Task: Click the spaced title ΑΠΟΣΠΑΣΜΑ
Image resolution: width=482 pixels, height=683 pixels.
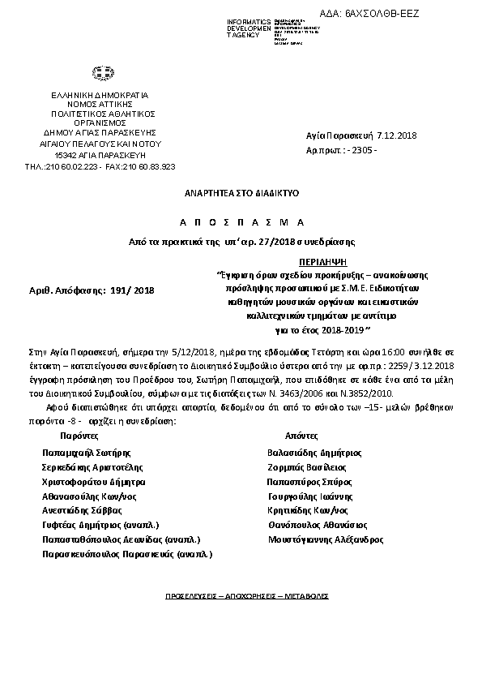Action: point(242,222)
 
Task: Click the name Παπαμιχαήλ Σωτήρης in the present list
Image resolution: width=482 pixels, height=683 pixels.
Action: point(87,453)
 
